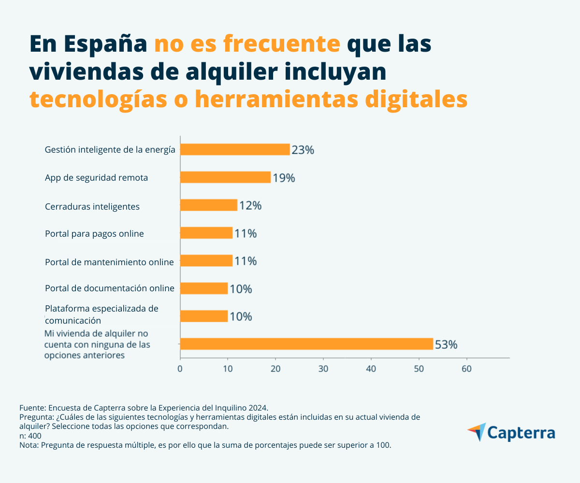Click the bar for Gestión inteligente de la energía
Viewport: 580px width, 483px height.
(235, 150)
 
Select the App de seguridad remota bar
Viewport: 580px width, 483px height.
(225, 177)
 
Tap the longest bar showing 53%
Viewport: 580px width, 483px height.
(306, 344)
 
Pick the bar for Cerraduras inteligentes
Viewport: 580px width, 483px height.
(209, 205)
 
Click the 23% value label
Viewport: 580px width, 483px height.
(303, 150)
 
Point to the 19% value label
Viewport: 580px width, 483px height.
(284, 178)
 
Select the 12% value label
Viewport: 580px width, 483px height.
(250, 206)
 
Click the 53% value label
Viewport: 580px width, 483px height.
(446, 345)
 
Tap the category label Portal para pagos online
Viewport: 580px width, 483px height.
(94, 234)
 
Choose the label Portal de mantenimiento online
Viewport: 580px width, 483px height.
(109, 262)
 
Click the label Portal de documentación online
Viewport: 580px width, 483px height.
(109, 288)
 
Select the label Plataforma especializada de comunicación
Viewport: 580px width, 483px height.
(101, 314)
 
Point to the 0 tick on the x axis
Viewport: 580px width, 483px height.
(180, 369)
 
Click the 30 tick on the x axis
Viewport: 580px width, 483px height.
(323, 369)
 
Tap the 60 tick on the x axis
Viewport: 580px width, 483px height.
(466, 369)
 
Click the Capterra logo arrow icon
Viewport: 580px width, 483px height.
(477, 431)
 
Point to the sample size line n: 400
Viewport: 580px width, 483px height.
(30, 436)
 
